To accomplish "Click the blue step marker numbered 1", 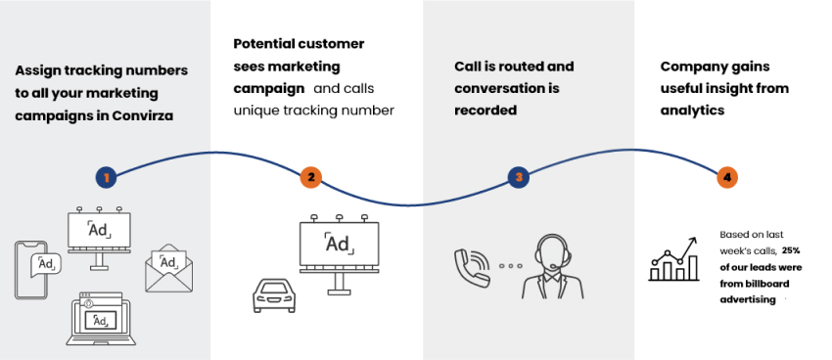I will pyautogui.click(x=107, y=177).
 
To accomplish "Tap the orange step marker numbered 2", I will pyautogui.click(x=310, y=177).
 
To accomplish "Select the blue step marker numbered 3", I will pyautogui.click(x=520, y=177).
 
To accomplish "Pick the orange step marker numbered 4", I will pyautogui.click(x=726, y=177).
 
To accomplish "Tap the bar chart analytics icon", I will pyautogui.click(x=673, y=259).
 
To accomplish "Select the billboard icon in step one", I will pyautogui.click(x=98, y=235).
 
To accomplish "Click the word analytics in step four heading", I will pyautogui.click(x=692, y=111).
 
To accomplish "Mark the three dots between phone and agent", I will pyautogui.click(x=508, y=266).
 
